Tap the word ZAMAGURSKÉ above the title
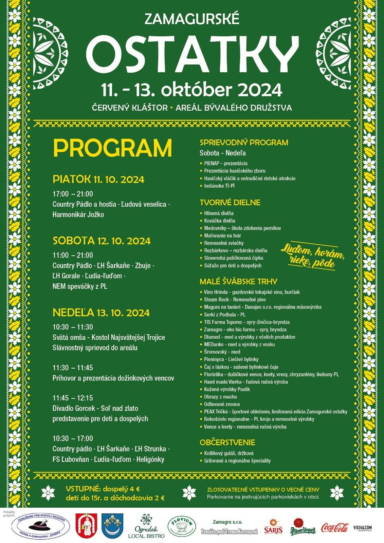click(192, 19)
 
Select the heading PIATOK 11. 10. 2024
click(98, 179)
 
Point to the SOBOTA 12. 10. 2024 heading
click(102, 241)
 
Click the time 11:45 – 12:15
click(73, 398)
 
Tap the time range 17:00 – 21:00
click(73, 194)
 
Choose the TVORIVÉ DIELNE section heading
click(230, 203)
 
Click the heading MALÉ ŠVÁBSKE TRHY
click(238, 281)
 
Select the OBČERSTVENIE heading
click(227, 443)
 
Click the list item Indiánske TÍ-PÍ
click(219, 186)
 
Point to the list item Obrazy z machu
click(220, 397)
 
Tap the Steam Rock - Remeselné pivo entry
click(235, 300)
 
